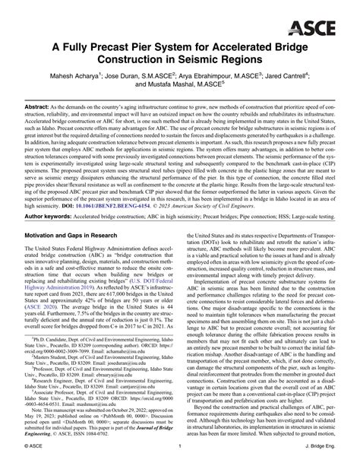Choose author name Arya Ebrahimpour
click(204, 76)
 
